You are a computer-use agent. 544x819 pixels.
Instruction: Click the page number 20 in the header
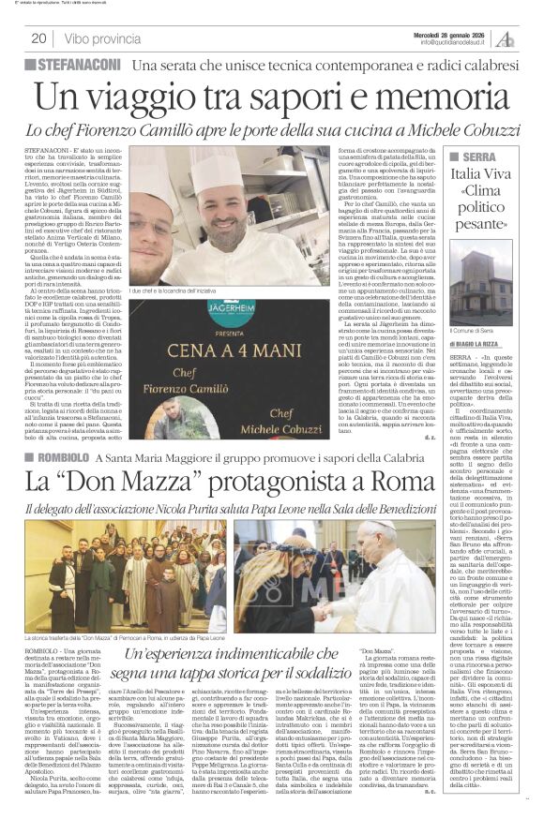click(x=40, y=38)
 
